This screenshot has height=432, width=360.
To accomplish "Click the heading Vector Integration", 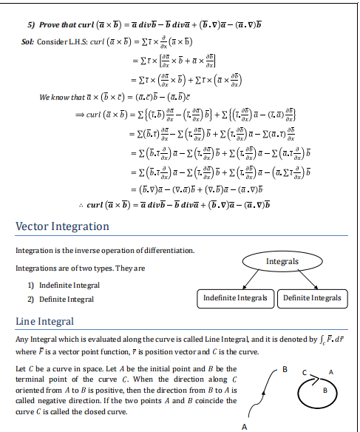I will pyautogui.click(x=62, y=226).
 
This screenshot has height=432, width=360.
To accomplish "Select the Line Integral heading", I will pyautogui.click(x=47, y=322).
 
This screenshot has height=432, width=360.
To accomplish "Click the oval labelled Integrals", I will pyautogui.click(x=282, y=261).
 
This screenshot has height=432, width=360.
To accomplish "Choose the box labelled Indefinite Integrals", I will pyautogui.click(x=235, y=298).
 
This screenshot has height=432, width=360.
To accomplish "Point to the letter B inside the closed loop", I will pyautogui.click(x=332, y=387).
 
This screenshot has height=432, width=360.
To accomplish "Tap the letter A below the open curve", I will pyautogui.click(x=243, y=427).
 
